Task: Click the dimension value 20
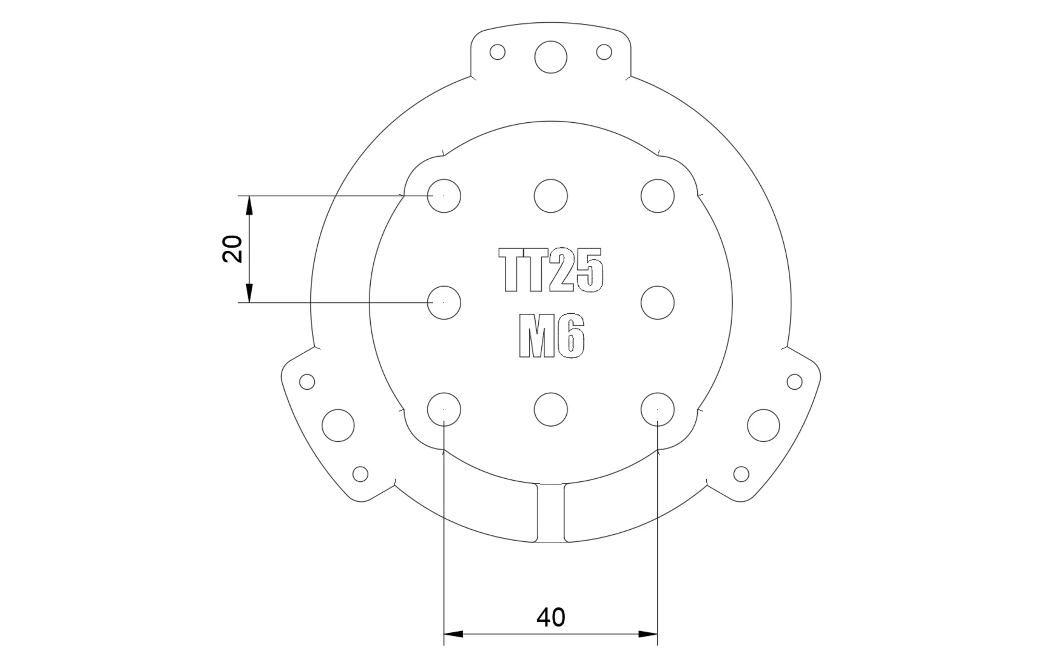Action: pos(232,249)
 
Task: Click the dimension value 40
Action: pos(551,617)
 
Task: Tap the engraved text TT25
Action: pos(551,270)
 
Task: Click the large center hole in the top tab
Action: pos(551,57)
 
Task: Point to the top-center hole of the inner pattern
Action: pos(551,196)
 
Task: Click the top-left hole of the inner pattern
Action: pos(444,196)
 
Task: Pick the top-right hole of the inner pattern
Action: pos(658,196)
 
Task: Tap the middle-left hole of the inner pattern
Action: pos(444,302)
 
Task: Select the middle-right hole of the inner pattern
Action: pos(658,302)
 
